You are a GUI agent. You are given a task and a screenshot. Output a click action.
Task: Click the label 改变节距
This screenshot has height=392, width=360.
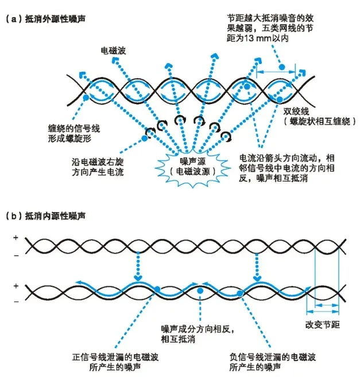click(323, 325)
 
